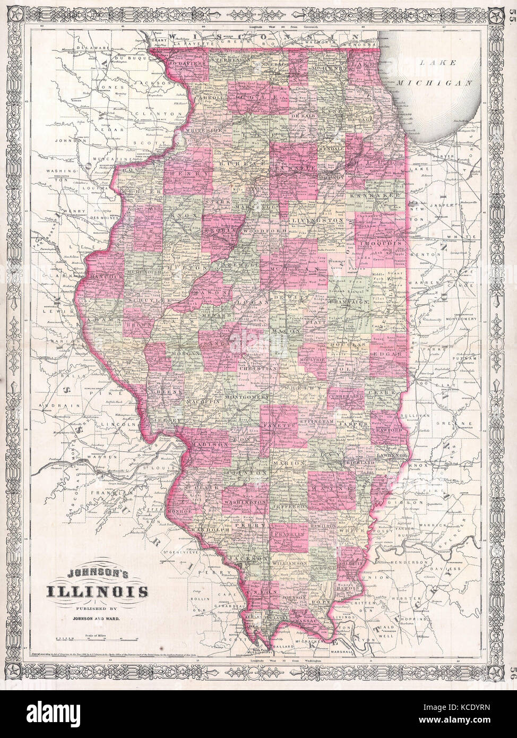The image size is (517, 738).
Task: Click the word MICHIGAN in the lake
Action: pos(443,83)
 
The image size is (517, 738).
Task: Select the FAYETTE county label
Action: pos(284,426)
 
